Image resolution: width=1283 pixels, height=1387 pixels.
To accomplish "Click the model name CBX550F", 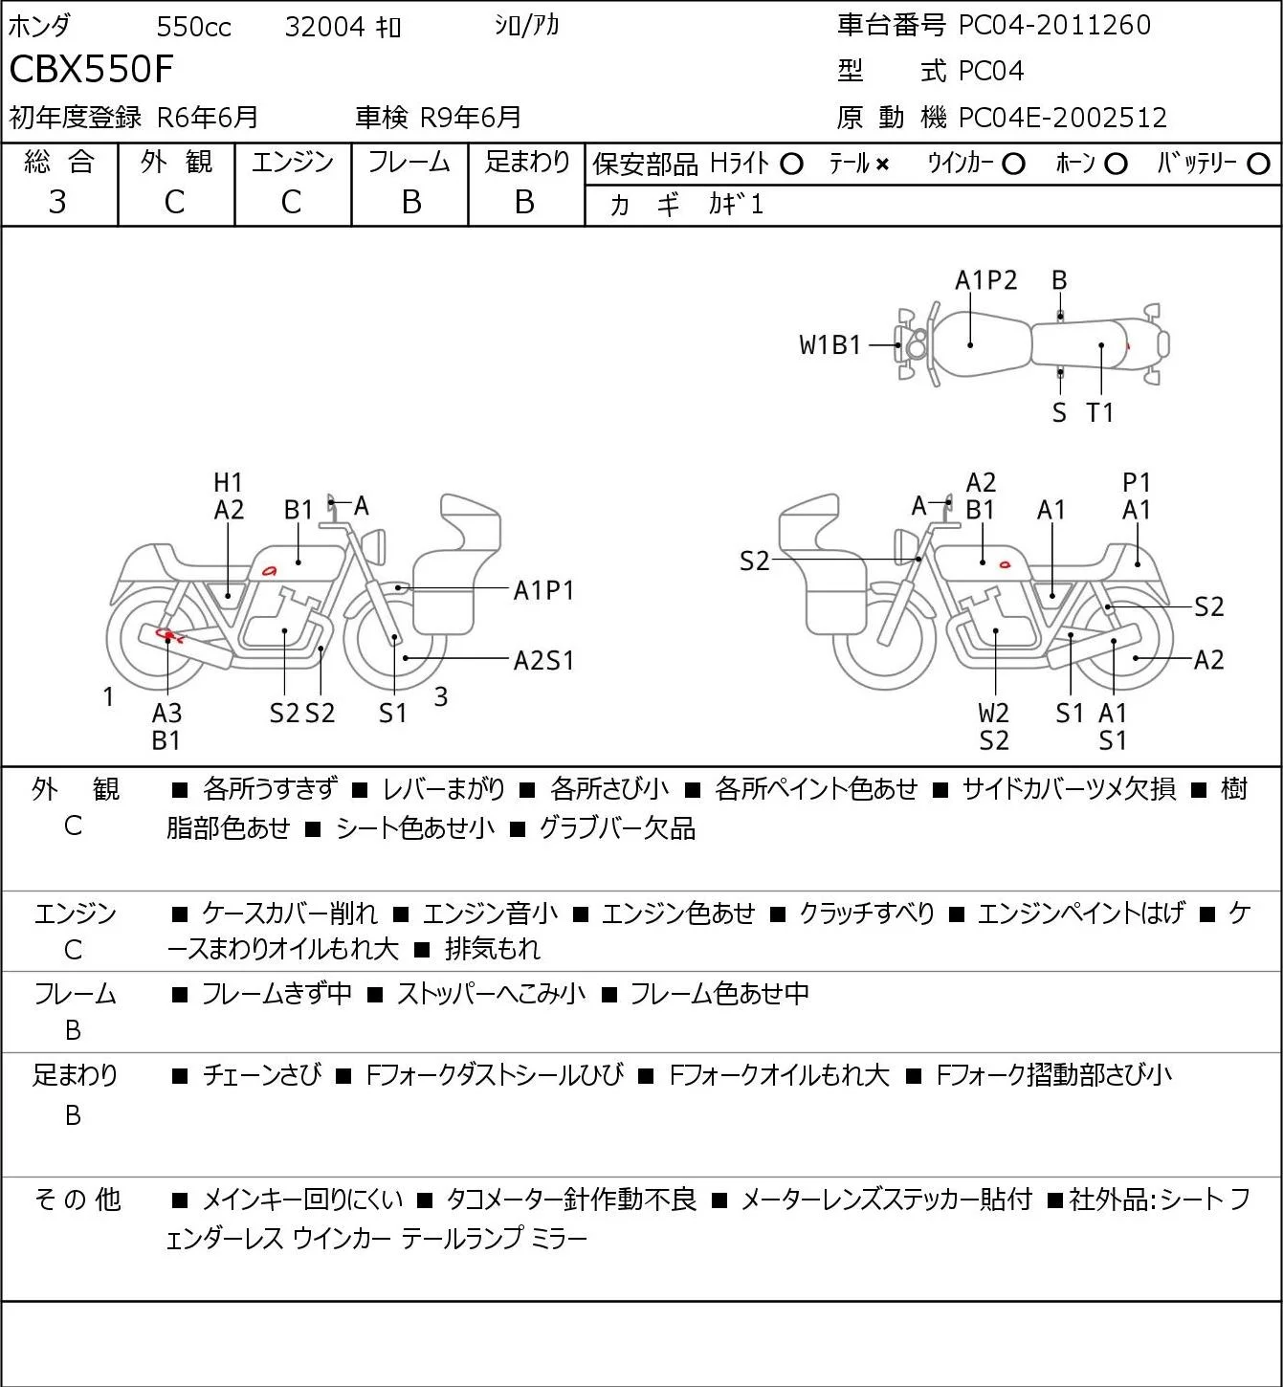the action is [x=91, y=69].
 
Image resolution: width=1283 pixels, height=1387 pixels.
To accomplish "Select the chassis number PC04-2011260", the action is [x=1054, y=25].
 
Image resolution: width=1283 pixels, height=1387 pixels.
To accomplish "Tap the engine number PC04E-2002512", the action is [x=1063, y=118].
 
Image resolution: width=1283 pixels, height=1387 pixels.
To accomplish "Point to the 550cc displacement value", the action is [x=193, y=27].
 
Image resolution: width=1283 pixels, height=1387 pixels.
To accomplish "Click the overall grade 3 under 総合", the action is [x=57, y=202].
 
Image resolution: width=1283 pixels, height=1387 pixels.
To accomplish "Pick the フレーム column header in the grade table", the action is [x=409, y=162].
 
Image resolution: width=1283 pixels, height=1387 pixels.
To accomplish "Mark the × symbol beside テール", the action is [x=882, y=165].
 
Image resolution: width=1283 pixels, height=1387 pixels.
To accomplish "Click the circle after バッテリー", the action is [x=1258, y=165].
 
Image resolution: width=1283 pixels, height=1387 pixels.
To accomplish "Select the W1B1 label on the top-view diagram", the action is [x=830, y=345].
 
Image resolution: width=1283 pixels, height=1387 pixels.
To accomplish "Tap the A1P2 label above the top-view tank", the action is [x=986, y=280].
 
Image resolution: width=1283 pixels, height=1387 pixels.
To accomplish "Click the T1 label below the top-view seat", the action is [x=1100, y=412].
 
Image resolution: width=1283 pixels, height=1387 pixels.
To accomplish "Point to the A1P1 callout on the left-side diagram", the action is [x=543, y=591].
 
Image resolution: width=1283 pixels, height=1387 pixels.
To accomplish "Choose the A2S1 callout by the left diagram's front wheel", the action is [x=543, y=660].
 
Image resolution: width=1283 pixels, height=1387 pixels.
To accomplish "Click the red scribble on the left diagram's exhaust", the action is [x=169, y=635].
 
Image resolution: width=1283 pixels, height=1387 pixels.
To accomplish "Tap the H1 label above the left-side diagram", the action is [x=228, y=482].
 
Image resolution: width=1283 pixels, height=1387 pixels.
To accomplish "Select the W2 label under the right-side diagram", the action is [x=994, y=713].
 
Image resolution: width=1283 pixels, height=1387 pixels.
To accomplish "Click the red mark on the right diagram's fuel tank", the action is [x=1005, y=564].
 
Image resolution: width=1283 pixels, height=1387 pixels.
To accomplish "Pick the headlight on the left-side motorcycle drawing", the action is [x=374, y=546].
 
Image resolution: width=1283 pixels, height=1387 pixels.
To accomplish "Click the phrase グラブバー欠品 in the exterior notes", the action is [x=617, y=828].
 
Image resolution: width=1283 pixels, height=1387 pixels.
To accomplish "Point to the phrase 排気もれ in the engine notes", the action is [x=493, y=949].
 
